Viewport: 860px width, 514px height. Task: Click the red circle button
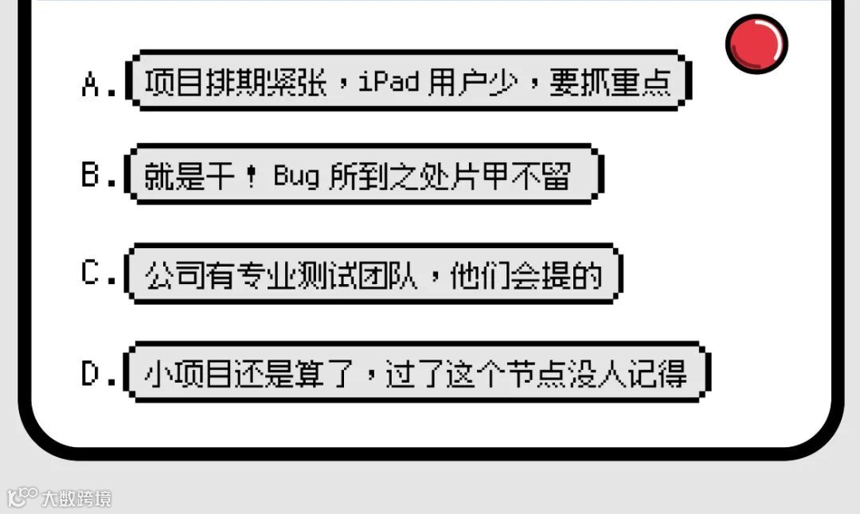pyautogui.click(x=756, y=43)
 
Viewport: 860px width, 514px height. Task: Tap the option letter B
pyautogui.click(x=91, y=176)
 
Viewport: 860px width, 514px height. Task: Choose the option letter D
pyautogui.click(x=91, y=374)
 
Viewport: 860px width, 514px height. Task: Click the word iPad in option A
pyautogui.click(x=389, y=82)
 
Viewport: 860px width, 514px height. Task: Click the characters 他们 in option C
pyautogui.click(x=479, y=275)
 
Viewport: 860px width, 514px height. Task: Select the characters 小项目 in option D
pyautogui.click(x=188, y=373)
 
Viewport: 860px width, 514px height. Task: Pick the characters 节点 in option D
pyautogui.click(x=567, y=373)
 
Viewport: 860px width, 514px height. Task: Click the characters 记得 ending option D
pyautogui.click(x=658, y=373)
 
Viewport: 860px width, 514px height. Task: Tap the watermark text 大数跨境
pyautogui.click(x=77, y=499)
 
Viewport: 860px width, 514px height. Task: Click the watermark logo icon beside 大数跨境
pyautogui.click(x=21, y=497)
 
